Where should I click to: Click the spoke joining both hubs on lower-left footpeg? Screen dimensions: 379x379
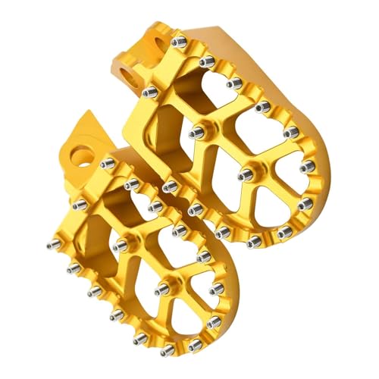coord(140,266)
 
